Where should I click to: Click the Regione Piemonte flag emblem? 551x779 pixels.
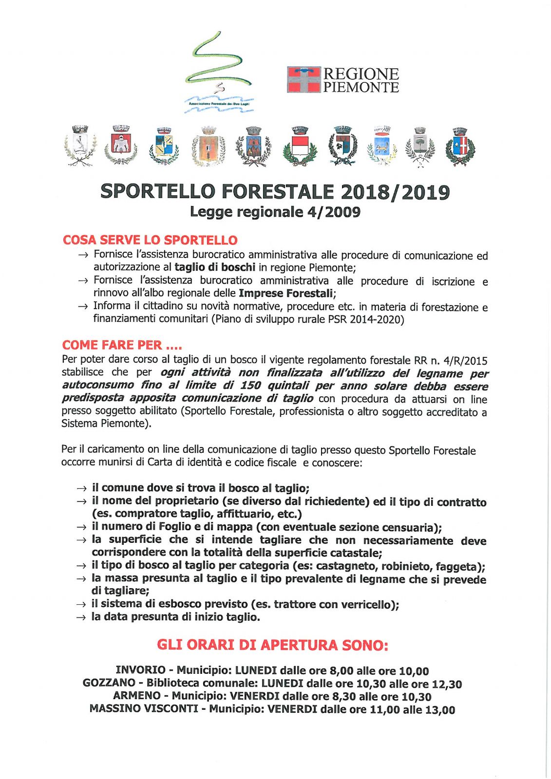(304, 80)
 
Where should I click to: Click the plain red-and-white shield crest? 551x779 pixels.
(300, 146)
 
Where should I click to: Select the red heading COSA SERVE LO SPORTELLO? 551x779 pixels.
(150, 240)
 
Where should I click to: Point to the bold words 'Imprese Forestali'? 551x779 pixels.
(286, 293)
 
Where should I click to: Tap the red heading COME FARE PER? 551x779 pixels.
(122, 345)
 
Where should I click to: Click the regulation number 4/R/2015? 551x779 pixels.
(465, 361)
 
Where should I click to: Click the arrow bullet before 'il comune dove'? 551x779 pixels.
(82, 488)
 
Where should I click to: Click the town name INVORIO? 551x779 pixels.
(140, 670)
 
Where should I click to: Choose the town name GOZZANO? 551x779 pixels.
(109, 683)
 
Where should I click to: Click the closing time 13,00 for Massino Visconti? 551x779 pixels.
(440, 709)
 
